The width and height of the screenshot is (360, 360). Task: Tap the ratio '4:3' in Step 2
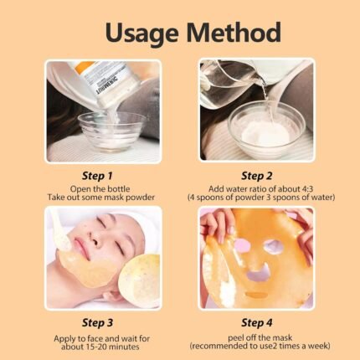pos(305,188)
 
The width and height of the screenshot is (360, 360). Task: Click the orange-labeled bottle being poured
pos(109,84)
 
